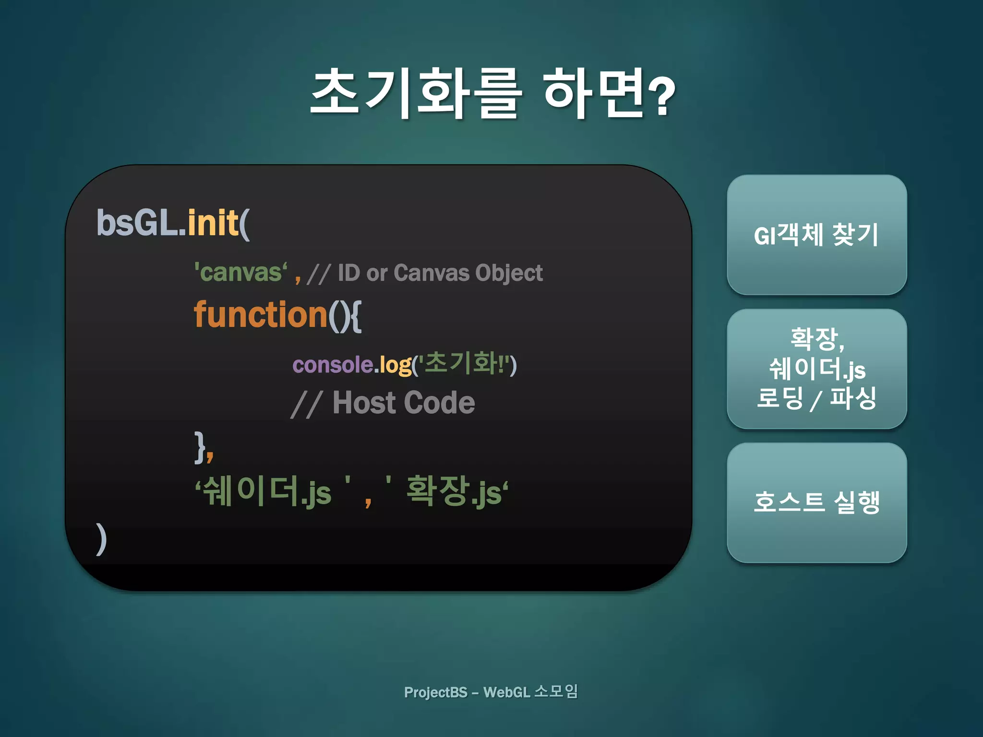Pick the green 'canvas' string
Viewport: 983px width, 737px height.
(x=240, y=273)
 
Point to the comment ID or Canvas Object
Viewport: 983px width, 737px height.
(x=440, y=273)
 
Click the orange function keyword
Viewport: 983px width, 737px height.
(x=261, y=315)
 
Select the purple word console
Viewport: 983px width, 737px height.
(x=333, y=365)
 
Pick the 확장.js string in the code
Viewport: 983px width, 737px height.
(x=454, y=491)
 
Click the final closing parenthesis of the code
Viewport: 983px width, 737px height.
(x=101, y=538)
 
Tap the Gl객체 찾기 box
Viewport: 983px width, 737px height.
(x=816, y=235)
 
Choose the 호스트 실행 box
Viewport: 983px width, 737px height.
(x=816, y=502)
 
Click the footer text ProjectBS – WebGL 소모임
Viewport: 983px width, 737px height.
(x=491, y=692)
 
